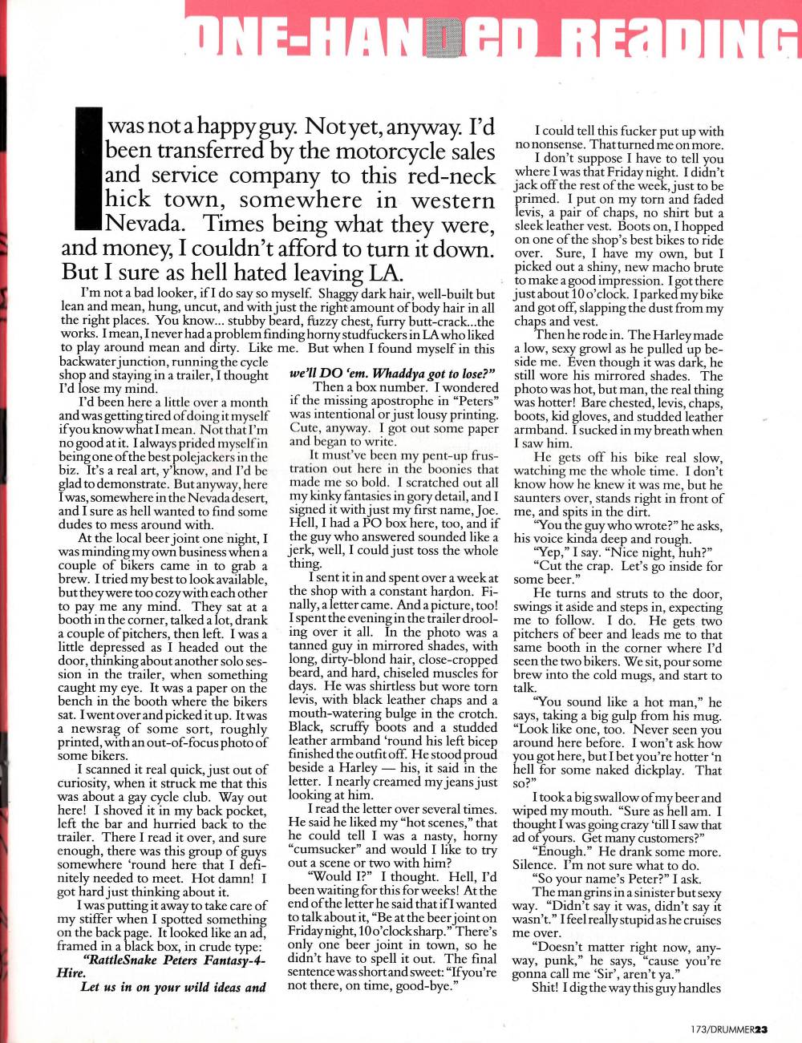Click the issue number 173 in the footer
700,1029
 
